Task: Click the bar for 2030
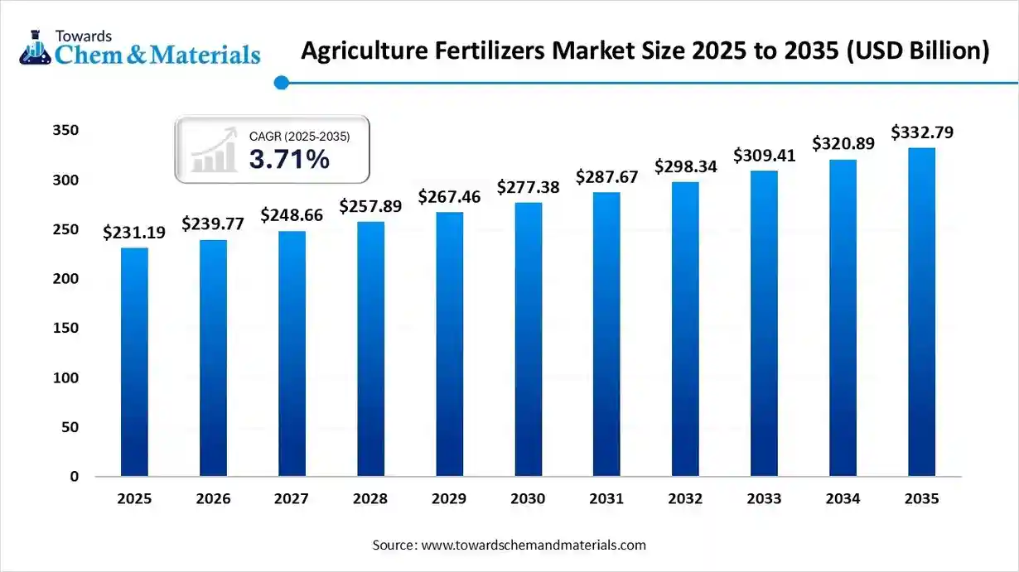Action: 528,339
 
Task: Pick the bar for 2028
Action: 370,348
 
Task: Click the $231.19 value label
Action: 134,233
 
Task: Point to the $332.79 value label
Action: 921,132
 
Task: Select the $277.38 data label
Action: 528,188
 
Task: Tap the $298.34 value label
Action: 686,167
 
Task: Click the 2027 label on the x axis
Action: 292,499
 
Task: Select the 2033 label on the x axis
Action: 764,499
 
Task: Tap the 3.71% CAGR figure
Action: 289,160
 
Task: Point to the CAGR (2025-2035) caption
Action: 299,136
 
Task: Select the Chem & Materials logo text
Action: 157,55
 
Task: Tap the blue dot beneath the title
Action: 281,82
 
